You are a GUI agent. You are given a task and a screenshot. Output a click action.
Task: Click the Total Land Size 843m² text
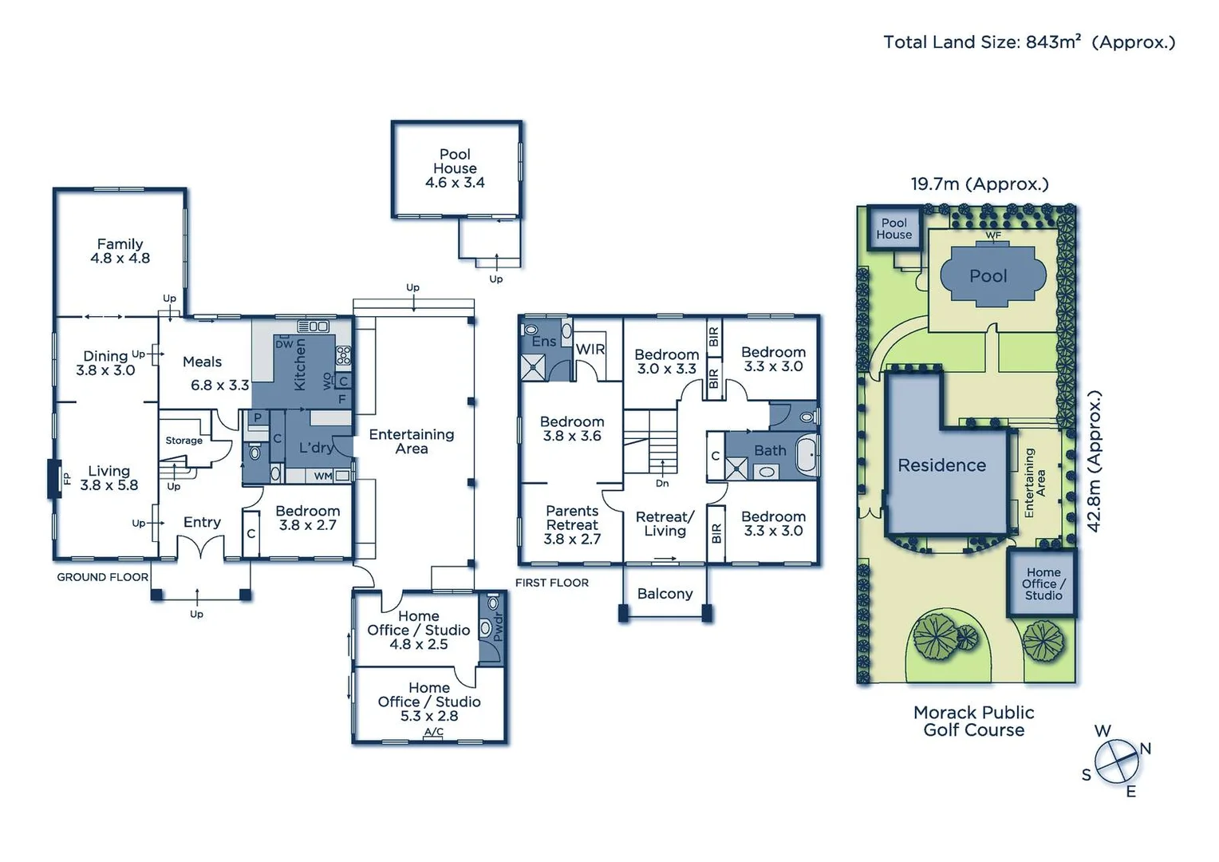pyautogui.click(x=1028, y=42)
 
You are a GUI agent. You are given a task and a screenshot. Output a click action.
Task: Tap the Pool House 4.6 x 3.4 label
pyautogui.click(x=455, y=168)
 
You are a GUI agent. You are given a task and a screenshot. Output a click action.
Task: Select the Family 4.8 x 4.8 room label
pyautogui.click(x=120, y=251)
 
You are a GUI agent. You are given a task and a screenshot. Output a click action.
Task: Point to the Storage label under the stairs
pyautogui.click(x=183, y=441)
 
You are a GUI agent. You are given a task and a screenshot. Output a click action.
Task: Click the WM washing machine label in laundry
pyautogui.click(x=322, y=476)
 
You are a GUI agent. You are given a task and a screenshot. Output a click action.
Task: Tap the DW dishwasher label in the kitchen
pyautogui.click(x=285, y=344)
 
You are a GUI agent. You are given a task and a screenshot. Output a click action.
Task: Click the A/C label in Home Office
pyautogui.click(x=433, y=732)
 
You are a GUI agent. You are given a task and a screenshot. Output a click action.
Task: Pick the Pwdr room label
pyautogui.click(x=498, y=628)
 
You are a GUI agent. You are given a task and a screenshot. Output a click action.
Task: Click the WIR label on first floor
pyautogui.click(x=590, y=350)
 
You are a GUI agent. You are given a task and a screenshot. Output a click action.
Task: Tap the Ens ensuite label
pyautogui.click(x=543, y=342)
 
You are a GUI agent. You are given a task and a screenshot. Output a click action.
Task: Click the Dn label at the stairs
pyautogui.click(x=662, y=483)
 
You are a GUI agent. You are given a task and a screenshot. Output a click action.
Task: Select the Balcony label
pyautogui.click(x=665, y=594)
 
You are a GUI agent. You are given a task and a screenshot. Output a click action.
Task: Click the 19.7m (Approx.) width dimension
pyautogui.click(x=979, y=184)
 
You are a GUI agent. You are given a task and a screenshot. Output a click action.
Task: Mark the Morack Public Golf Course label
pyautogui.click(x=973, y=722)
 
